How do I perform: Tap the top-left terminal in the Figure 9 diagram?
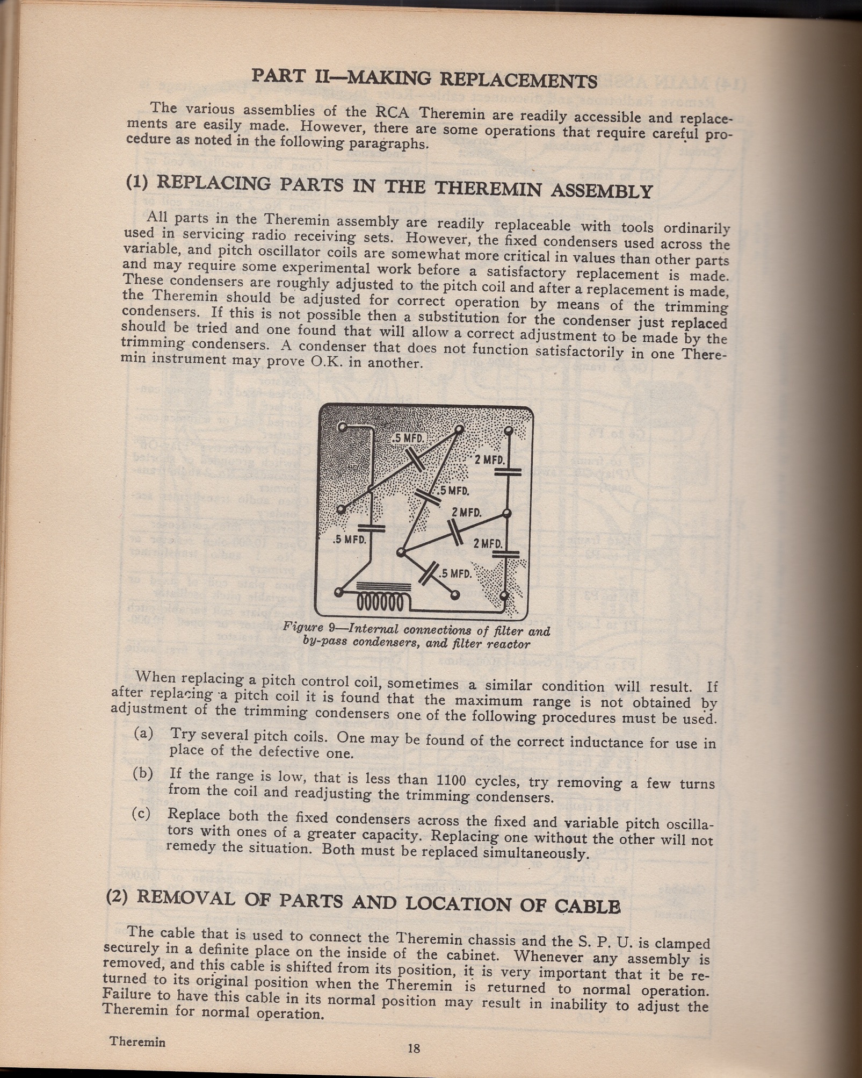tap(342, 428)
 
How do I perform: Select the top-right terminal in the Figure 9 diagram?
tap(508, 430)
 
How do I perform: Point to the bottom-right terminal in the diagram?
tap(504, 595)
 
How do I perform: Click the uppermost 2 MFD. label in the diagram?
tap(490, 460)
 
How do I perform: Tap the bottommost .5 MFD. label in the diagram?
tap(455, 573)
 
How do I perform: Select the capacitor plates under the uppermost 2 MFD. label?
tap(507, 472)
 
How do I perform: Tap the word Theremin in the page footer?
tap(137, 1041)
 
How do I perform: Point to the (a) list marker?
tap(144, 733)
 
